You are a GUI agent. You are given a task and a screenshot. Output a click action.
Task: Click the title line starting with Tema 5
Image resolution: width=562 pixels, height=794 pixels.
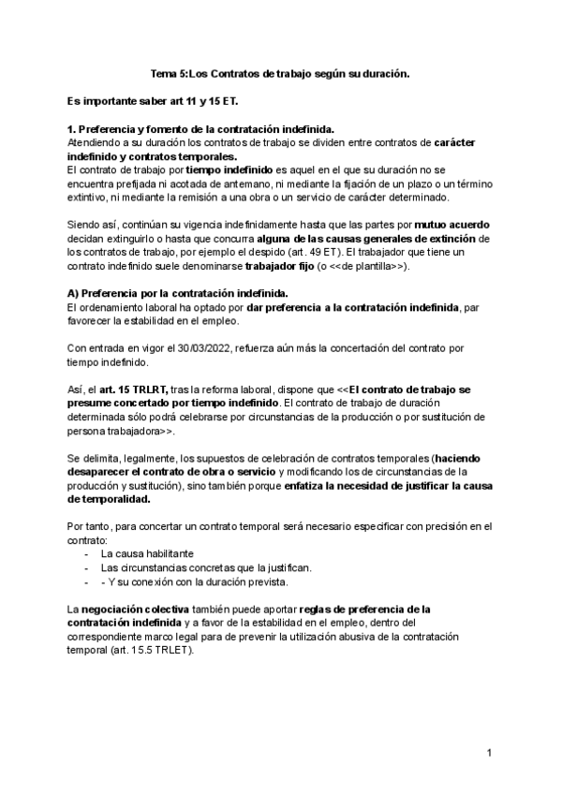click(x=280, y=72)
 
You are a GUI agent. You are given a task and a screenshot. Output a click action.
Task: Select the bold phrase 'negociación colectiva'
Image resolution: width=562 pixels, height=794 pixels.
click(x=138, y=610)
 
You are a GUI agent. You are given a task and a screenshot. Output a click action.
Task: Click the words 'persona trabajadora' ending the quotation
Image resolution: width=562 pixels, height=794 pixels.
click(x=111, y=432)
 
